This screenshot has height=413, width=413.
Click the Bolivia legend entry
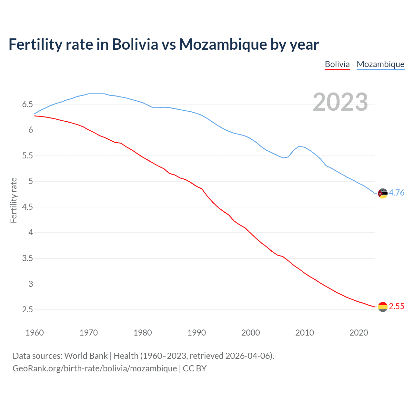(x=337, y=64)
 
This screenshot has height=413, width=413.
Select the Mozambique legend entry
(x=380, y=64)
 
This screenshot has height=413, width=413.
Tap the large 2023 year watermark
(x=340, y=102)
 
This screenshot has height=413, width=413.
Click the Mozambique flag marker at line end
(x=382, y=193)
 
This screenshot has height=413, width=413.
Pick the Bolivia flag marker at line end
(x=382, y=307)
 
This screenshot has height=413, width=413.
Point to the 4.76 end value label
(x=397, y=193)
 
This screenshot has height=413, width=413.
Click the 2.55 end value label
(x=397, y=306)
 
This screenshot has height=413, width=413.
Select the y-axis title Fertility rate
(x=14, y=200)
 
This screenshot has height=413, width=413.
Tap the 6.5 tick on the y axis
(x=27, y=104)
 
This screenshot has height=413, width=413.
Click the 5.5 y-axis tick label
(x=27, y=156)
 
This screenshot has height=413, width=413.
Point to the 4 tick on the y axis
(x=31, y=232)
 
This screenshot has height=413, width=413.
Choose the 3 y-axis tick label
(x=31, y=284)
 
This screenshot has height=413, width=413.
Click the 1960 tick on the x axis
(x=35, y=333)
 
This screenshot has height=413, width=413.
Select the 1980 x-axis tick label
(x=143, y=333)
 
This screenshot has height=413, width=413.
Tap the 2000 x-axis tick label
(x=250, y=333)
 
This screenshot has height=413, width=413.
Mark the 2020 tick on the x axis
(x=358, y=333)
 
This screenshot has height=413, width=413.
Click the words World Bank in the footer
(x=86, y=356)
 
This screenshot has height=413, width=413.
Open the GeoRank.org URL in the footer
(x=95, y=368)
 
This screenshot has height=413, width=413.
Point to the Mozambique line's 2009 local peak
(x=299, y=146)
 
